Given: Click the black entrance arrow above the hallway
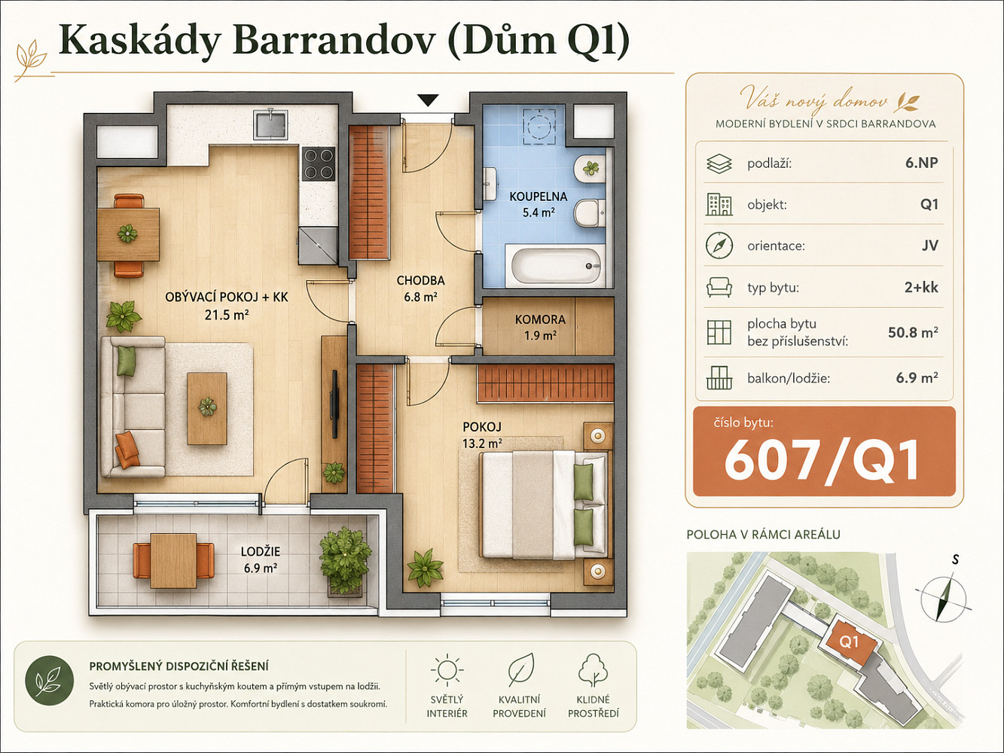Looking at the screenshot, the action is pyautogui.click(x=428, y=100).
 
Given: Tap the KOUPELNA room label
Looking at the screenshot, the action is pyautogui.click(x=539, y=197).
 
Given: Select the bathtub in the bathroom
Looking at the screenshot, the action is pyautogui.click(x=556, y=266).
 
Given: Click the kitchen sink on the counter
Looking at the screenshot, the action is pyautogui.click(x=271, y=124).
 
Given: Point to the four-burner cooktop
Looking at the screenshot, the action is pyautogui.click(x=319, y=163).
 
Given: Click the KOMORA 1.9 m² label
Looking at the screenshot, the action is pyautogui.click(x=540, y=328).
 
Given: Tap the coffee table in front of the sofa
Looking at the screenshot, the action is pyautogui.click(x=207, y=408).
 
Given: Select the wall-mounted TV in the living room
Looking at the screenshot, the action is pyautogui.click(x=335, y=404).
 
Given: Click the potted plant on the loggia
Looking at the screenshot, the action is pyautogui.click(x=345, y=560).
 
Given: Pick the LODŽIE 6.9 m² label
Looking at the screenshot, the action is pyautogui.click(x=261, y=559).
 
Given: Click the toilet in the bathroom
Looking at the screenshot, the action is pyautogui.click(x=590, y=212).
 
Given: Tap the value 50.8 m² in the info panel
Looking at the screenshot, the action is pyautogui.click(x=913, y=332).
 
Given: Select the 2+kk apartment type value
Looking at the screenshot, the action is pyautogui.click(x=921, y=287).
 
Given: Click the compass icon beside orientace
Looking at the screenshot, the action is pyautogui.click(x=719, y=245).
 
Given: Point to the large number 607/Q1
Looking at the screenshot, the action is pyautogui.click(x=822, y=460).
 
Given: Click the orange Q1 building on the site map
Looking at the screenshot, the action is pyautogui.click(x=850, y=640).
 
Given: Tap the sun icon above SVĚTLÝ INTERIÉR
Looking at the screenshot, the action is pyautogui.click(x=447, y=670).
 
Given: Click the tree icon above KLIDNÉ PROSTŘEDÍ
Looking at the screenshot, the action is pyautogui.click(x=593, y=669).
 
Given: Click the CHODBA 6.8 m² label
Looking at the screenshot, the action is pyautogui.click(x=420, y=288).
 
